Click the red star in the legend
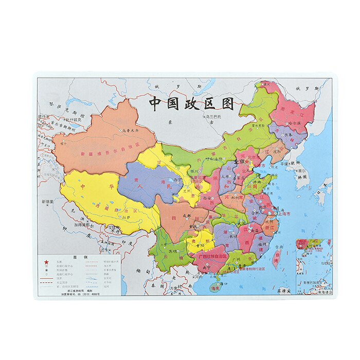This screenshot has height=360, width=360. pyautogui.click(x=46, y=262)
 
